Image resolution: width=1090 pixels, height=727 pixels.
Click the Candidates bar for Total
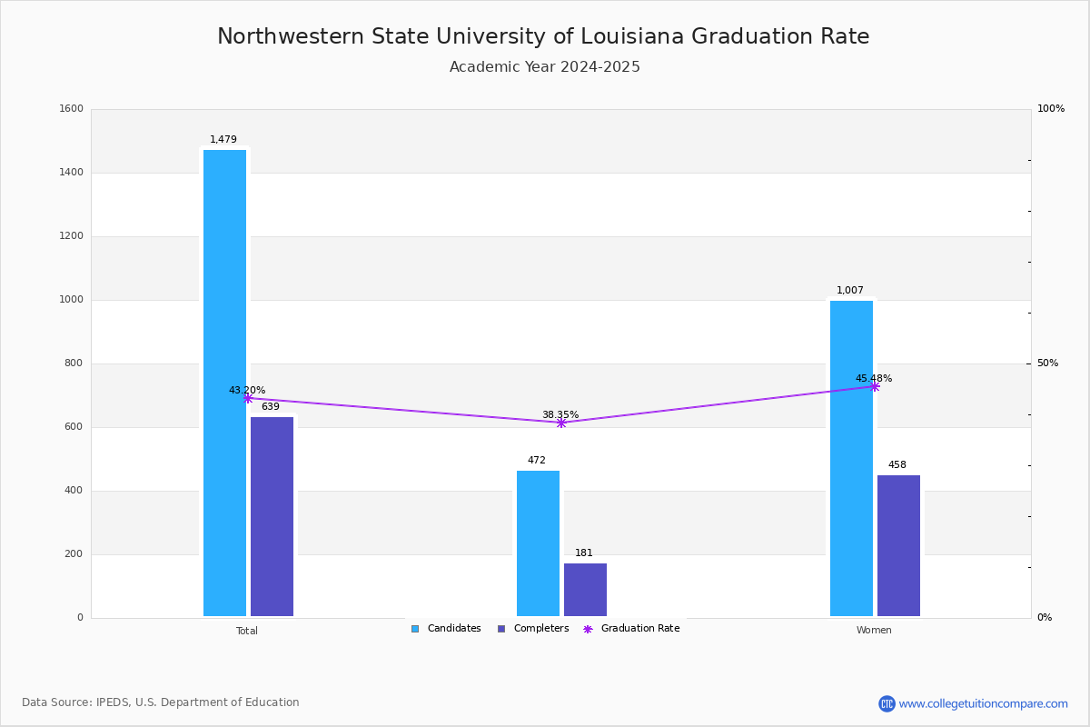click(224, 383)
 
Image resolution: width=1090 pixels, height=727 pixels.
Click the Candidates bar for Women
click(851, 458)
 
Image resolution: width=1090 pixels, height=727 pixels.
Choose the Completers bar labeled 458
click(898, 545)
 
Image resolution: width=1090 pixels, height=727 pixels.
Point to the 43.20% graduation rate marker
click(248, 398)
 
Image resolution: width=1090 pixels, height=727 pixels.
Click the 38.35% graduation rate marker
click(561, 423)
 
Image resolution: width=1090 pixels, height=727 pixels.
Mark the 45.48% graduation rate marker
click(875, 386)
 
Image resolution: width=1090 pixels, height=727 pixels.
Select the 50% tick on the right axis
click(1048, 363)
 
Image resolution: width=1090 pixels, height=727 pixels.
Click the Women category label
click(874, 631)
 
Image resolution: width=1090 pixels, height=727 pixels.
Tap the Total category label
click(247, 631)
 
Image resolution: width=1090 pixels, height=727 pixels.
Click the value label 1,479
click(223, 140)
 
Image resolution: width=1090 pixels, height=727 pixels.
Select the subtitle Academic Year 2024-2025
click(545, 67)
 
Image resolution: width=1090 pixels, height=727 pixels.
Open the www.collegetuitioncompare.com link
click(983, 703)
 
